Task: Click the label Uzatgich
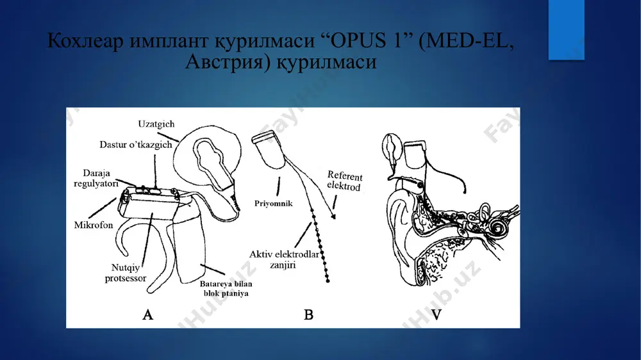[156, 124]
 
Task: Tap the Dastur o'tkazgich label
[136, 145]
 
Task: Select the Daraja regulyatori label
[96, 178]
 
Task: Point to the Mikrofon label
[94, 225]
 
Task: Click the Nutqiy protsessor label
[126, 273]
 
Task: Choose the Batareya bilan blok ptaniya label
[226, 288]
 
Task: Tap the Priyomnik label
[274, 204]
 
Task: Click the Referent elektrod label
[344, 181]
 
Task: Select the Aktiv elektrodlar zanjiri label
[284, 259]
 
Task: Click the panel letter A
[148, 315]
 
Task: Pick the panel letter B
[309, 315]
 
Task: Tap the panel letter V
[437, 315]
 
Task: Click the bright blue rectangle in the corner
[566, 30]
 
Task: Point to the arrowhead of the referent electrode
[333, 217]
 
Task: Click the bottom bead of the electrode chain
[328, 281]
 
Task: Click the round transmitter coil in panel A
[207, 156]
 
